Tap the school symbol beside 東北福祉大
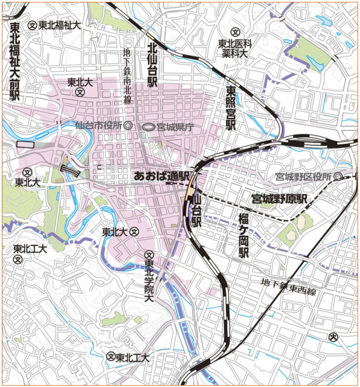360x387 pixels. (33, 25)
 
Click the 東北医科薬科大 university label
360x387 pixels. (234, 48)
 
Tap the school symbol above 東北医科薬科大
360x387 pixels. (237, 31)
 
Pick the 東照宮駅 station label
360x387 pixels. (230, 108)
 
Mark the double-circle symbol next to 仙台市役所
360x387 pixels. (127, 126)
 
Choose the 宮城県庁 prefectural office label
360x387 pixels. (175, 127)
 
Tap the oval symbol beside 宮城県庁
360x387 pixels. (148, 127)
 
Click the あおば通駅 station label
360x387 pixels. (161, 176)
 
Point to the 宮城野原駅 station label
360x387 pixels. (280, 198)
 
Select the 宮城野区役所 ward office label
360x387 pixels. (303, 177)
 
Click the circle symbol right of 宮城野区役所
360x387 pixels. (338, 177)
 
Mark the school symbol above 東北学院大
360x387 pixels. (149, 256)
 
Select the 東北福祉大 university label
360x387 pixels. (60, 25)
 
